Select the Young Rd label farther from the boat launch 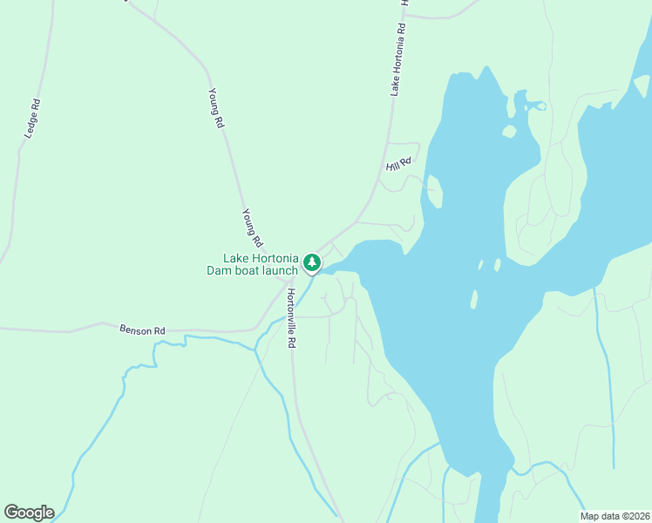pos(216,108)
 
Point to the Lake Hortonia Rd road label pos(398,58)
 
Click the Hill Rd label pos(398,160)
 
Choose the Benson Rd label pos(142,330)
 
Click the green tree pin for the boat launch pos(312,261)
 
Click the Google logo pos(29,513)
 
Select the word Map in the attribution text pos(590,515)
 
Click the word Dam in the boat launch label pos(217,270)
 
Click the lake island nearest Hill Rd pos(434,192)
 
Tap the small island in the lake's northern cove pos(509,132)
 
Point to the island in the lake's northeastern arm pos(642,85)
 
